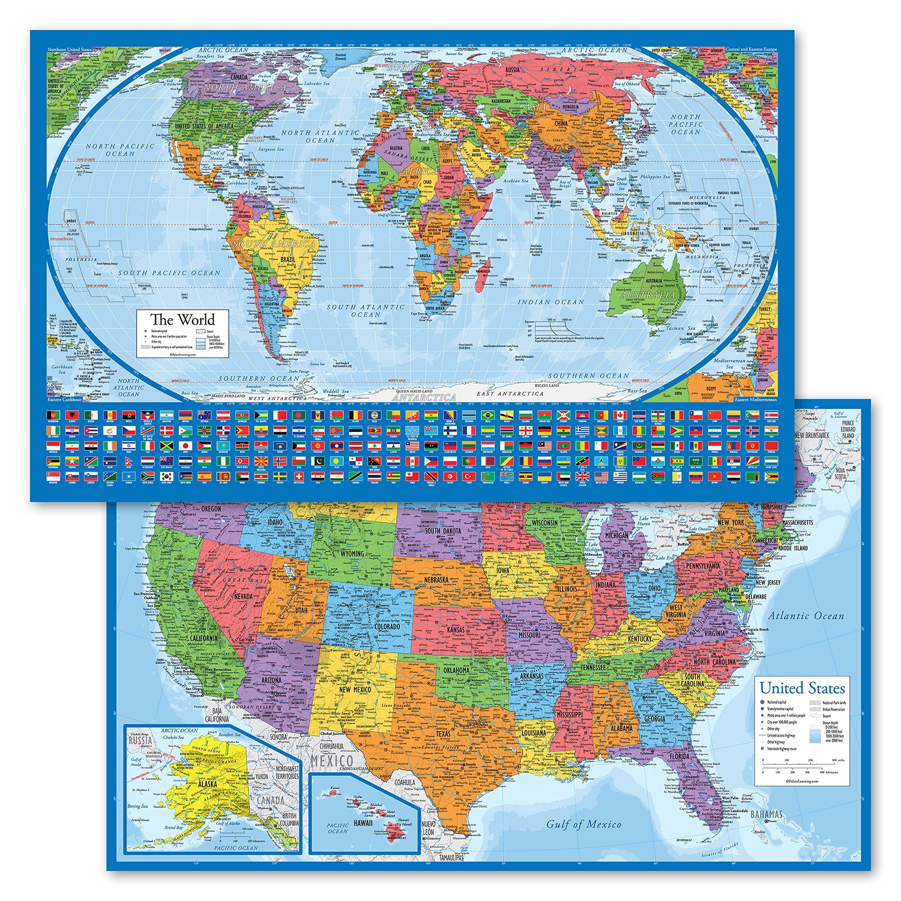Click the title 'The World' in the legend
click(x=182, y=320)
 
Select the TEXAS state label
click(x=443, y=733)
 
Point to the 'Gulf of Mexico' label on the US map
click(x=584, y=825)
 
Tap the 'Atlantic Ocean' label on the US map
click(x=806, y=616)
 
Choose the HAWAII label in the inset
click(x=363, y=823)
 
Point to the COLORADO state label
click(x=388, y=626)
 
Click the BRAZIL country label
click(x=288, y=259)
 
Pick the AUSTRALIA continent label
click(x=648, y=295)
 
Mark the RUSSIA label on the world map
click(x=512, y=70)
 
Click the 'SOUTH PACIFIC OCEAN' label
click(x=169, y=273)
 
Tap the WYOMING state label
click(x=352, y=554)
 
